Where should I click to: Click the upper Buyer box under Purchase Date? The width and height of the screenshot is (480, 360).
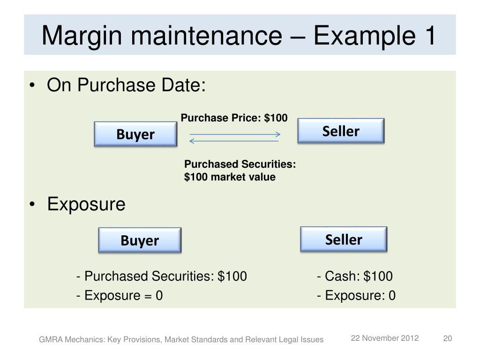[135, 135]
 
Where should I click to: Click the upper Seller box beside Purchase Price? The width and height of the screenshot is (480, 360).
[341, 131]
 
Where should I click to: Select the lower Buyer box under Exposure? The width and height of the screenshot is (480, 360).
[140, 240]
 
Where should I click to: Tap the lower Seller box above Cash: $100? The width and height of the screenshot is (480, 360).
[344, 240]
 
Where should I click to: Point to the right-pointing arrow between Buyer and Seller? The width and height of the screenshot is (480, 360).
[234, 135]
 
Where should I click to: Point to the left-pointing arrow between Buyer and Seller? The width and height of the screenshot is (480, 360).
[234, 141]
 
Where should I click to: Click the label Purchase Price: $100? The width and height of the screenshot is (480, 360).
[234, 118]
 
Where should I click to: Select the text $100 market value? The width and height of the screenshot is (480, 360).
[230, 177]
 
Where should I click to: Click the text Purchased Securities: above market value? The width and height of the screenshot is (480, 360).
[240, 164]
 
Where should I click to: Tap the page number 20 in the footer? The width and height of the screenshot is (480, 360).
[448, 339]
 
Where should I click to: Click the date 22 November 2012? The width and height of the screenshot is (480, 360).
[385, 339]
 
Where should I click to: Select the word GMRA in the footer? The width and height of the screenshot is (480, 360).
[49, 339]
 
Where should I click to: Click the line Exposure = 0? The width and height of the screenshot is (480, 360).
[120, 296]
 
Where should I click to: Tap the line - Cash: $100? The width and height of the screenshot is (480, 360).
[354, 276]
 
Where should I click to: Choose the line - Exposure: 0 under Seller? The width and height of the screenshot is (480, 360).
[356, 296]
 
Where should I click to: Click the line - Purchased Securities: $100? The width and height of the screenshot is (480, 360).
[161, 276]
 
